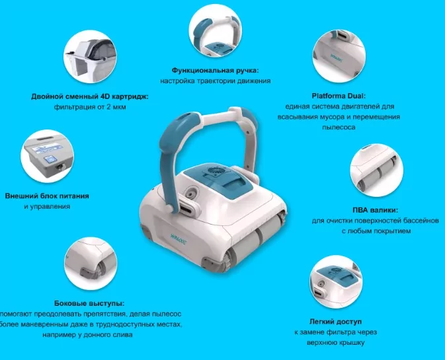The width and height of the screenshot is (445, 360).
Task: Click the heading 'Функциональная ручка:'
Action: tap(216, 70)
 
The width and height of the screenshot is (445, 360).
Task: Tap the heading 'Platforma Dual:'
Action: tap(339, 96)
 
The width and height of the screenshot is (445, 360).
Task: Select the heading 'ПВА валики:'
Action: tap(375, 210)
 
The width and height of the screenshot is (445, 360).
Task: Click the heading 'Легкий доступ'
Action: tap(335, 322)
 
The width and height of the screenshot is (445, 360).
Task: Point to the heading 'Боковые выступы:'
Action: tap(89, 303)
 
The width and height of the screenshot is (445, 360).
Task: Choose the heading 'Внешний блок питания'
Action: tap(47, 196)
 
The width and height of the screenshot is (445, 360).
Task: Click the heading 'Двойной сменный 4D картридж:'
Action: tap(90, 96)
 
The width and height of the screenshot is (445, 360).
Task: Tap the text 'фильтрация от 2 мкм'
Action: tap(90, 107)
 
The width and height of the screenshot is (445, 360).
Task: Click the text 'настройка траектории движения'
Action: tap(216, 81)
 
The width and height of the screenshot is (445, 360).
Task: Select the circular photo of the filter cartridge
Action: tap(90, 57)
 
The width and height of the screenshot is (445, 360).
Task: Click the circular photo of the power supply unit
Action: tap(47, 156)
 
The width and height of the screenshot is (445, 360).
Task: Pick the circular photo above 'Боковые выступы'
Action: tap(91, 264)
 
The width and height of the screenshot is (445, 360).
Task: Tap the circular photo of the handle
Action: tap(216, 30)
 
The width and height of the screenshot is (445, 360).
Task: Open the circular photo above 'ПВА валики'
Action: tap(377, 170)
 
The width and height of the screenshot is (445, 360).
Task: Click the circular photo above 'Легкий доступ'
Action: tap(336, 282)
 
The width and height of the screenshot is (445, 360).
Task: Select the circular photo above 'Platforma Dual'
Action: tap(339, 56)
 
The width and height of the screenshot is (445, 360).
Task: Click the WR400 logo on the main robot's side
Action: tap(178, 236)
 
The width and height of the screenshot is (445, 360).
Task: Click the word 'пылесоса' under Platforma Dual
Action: tap(339, 127)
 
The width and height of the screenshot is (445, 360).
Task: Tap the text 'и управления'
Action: tap(47, 206)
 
